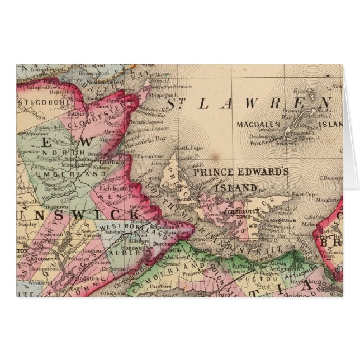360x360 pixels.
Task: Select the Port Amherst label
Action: coord(264,142)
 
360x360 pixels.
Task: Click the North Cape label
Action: coord(185,148)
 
